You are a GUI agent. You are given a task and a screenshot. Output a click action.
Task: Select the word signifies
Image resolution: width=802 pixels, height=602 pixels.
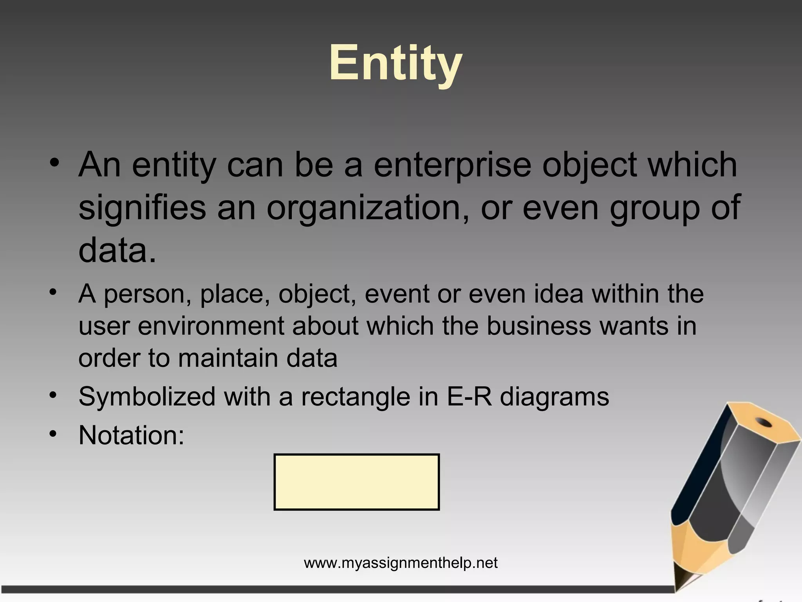coord(142,208)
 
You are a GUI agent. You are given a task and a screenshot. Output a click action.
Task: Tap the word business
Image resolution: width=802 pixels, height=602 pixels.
coord(538,326)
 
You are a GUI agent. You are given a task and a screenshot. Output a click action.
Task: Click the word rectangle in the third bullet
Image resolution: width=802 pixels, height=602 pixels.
coord(355,397)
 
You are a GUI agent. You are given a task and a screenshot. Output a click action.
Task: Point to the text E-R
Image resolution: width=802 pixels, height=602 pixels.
coord(469,397)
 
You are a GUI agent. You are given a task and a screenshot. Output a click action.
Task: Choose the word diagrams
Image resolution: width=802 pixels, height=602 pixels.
coord(554,397)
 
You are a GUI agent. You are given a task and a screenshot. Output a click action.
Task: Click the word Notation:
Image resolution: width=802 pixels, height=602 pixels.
coord(131,435)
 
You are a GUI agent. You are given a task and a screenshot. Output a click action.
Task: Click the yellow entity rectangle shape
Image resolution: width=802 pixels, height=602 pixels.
coord(356,482)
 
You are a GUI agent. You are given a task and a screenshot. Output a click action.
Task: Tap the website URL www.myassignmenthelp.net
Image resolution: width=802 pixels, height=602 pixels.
coord(401,563)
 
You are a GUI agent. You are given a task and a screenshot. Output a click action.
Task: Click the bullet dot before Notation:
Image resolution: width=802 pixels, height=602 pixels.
coord(54,434)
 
